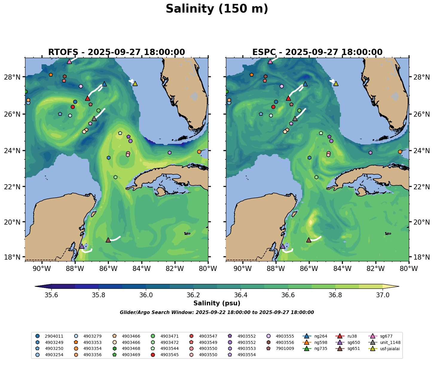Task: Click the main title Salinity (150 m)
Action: tap(217, 9)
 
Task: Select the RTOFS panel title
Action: tap(117, 52)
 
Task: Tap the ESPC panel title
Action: tap(317, 52)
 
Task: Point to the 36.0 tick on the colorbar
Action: tap(146, 295)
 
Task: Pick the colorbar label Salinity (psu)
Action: tap(217, 303)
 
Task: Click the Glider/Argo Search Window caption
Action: tap(217, 313)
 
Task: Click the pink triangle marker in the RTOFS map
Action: tap(69, 61)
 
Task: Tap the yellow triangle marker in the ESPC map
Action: tap(336, 83)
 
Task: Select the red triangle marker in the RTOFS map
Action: tap(87, 98)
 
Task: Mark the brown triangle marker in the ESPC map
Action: tap(309, 240)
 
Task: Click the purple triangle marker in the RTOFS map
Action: tap(82, 246)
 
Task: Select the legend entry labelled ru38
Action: tap(353, 336)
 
